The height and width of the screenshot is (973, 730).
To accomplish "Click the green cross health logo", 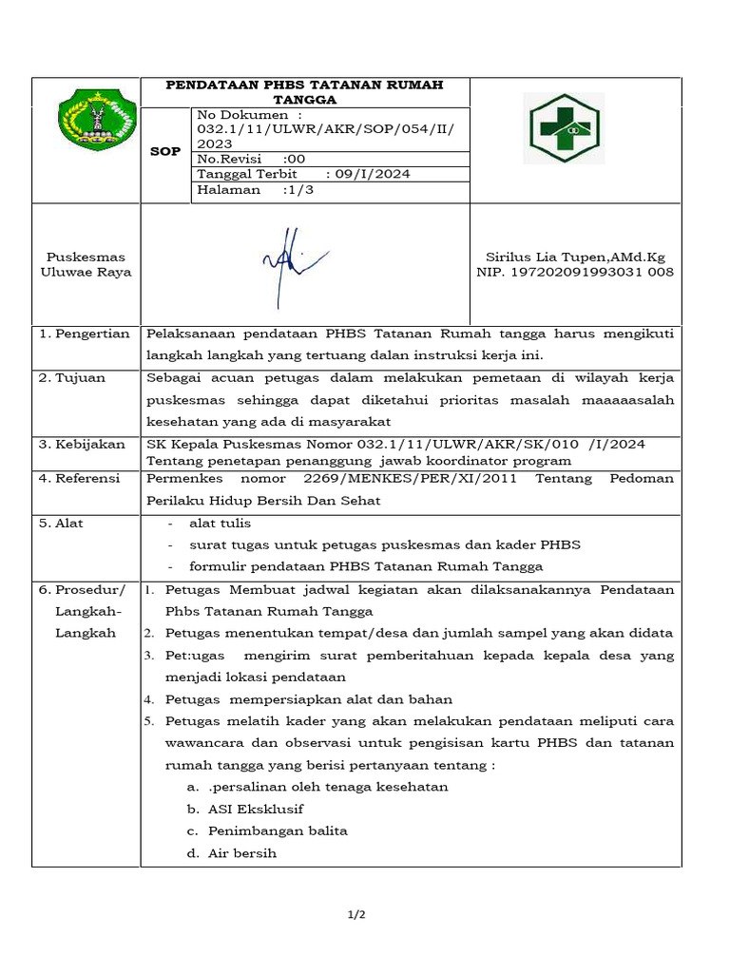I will [562, 128].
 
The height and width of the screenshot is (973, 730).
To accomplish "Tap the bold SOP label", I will [165, 151].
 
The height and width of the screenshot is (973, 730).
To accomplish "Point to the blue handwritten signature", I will [290, 262].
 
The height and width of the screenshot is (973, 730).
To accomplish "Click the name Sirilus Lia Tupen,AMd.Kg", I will [574, 257].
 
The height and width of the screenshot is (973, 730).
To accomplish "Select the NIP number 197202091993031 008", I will [574, 272].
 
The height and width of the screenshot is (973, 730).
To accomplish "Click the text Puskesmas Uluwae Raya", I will [86, 264].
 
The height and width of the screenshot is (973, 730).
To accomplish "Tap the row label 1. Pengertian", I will [85, 334].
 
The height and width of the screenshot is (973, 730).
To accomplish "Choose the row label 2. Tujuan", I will [72, 377].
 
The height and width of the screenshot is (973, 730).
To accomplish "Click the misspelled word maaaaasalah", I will [626, 400].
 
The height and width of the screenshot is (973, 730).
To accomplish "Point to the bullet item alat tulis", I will [221, 523].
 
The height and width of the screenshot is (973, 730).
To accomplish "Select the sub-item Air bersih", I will [242, 853].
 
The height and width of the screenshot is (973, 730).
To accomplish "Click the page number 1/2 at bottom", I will [356, 914].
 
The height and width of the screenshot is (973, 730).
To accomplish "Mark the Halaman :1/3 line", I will [255, 189].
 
